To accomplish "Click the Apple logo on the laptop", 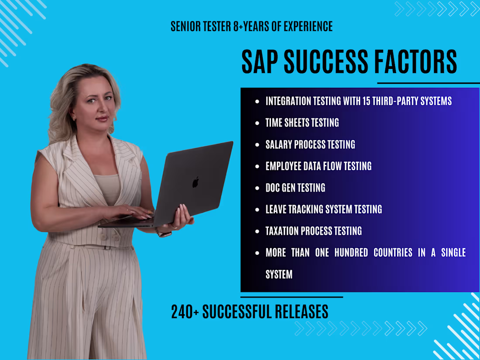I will click(196, 182).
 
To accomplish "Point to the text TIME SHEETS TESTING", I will click(302, 123).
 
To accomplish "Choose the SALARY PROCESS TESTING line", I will click(310, 144).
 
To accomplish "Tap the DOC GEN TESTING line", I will click(295, 188).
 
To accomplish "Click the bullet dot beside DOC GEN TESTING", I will click(257, 188).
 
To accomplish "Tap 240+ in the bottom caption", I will click(185, 312).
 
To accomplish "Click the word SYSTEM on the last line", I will click(279, 274).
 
